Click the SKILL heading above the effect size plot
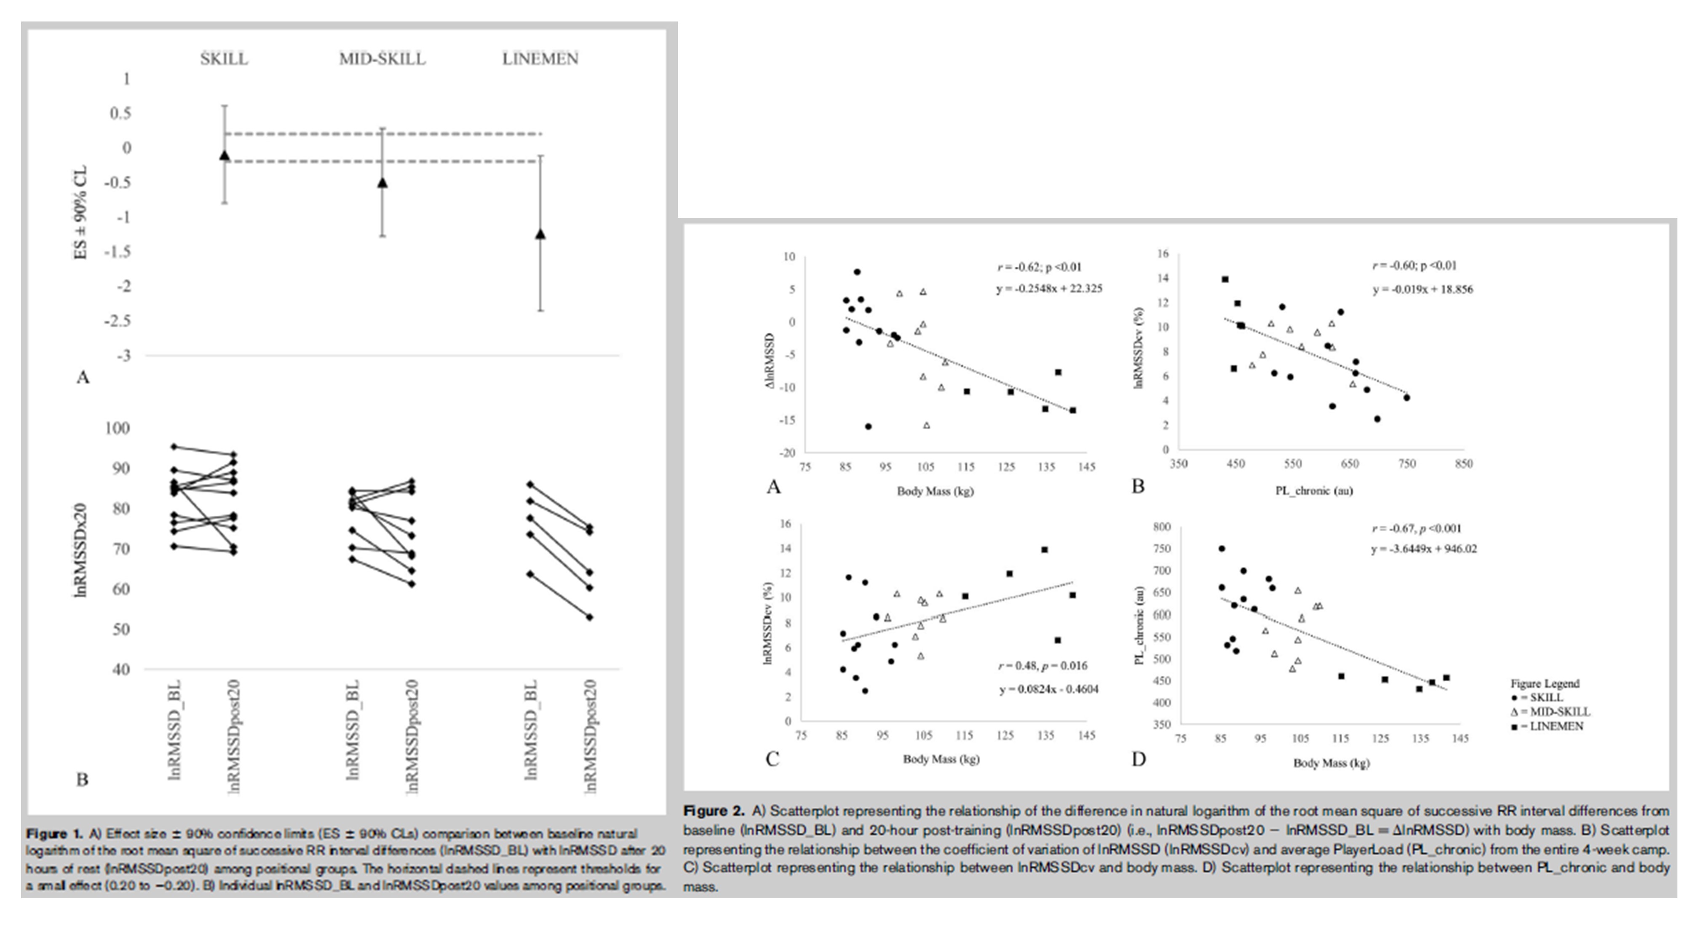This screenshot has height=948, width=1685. click(x=224, y=59)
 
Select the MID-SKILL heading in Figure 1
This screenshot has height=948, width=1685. click(x=382, y=59)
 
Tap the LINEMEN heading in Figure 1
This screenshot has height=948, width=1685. click(x=540, y=59)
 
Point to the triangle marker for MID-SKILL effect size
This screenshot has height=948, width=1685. click(x=382, y=182)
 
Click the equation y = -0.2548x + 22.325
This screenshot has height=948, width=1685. click(x=1049, y=289)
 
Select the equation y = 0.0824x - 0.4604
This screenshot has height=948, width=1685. click(x=1048, y=689)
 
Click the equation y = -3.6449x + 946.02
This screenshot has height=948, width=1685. click(x=1423, y=549)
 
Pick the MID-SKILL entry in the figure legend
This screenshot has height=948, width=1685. click(x=1550, y=712)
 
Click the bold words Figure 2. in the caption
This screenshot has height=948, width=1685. click(x=714, y=811)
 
